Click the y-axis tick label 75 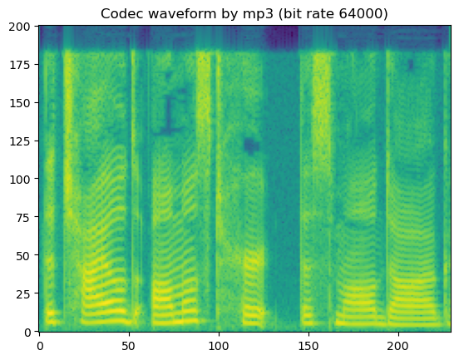coord(25,217)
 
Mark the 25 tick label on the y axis coord(25,293)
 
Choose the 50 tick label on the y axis coord(25,255)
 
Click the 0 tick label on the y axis coord(28,332)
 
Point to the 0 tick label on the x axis coord(40,343)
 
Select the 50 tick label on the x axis coord(129,343)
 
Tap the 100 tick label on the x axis coord(219,343)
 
